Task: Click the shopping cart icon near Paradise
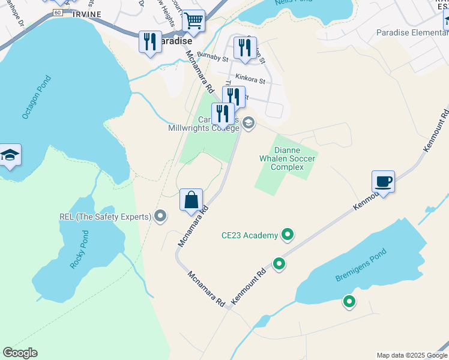(193, 21)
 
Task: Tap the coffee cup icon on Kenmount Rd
(383, 181)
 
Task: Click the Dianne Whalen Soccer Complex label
(286, 158)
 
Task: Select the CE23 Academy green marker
(288, 235)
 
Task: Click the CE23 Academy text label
(250, 235)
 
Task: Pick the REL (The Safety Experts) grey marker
(160, 216)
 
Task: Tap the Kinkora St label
(251, 79)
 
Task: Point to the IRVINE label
(86, 14)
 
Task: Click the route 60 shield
(57, 12)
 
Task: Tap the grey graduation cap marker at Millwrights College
(249, 124)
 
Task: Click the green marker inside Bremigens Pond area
(348, 302)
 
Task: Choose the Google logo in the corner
(20, 353)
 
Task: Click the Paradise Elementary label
(409, 32)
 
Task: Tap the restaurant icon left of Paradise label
(149, 42)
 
